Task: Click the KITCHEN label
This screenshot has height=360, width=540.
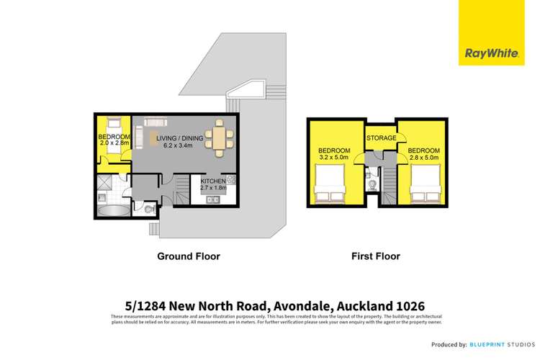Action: pos(213,181)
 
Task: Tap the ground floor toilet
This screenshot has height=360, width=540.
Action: pos(148,209)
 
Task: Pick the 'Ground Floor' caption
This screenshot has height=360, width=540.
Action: pos(189,256)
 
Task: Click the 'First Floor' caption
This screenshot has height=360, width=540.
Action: pos(375,256)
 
